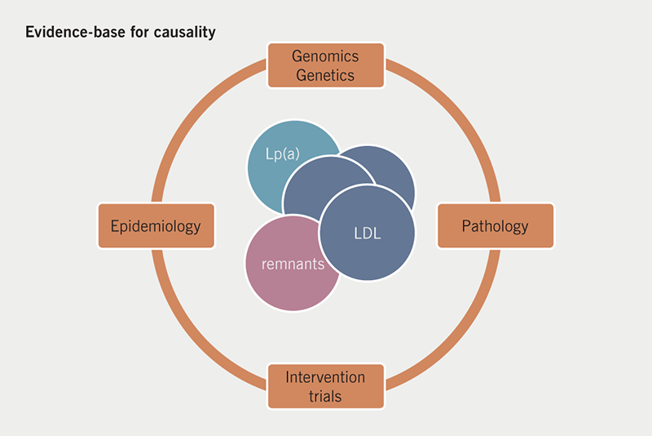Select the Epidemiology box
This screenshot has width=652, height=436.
156,226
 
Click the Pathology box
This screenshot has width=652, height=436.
495,226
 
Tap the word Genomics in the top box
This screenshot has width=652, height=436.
324,56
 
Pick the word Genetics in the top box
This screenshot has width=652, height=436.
324,74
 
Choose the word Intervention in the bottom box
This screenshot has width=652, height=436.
325,378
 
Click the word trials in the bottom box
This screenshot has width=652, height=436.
325,396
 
